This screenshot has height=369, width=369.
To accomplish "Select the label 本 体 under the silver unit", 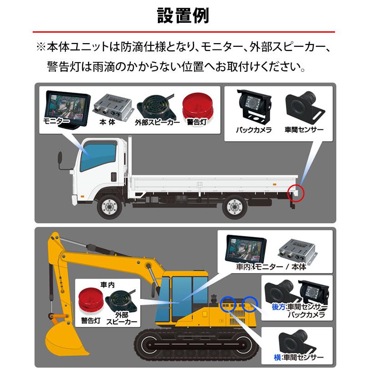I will (108, 122).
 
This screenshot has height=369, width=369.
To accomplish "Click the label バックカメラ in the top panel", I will (254, 130).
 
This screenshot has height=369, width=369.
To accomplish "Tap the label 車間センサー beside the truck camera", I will (304, 130).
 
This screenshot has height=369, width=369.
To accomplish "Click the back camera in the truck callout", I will (254, 106).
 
